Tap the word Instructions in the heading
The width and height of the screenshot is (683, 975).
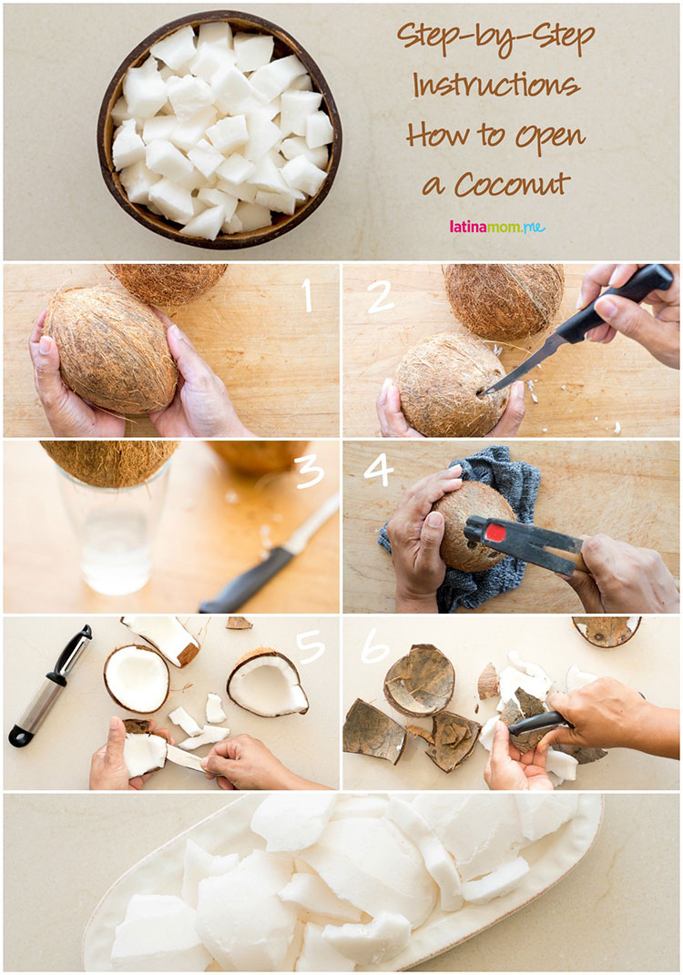495,85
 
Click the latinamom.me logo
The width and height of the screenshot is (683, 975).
497,227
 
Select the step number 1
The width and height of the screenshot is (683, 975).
307,294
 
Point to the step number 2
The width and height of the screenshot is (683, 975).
380,296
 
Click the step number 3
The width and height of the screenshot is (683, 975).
310,472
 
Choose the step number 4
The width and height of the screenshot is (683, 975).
379,470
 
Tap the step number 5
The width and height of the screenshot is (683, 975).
311,646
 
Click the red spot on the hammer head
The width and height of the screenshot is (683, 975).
495,533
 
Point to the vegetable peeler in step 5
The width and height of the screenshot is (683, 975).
50,685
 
